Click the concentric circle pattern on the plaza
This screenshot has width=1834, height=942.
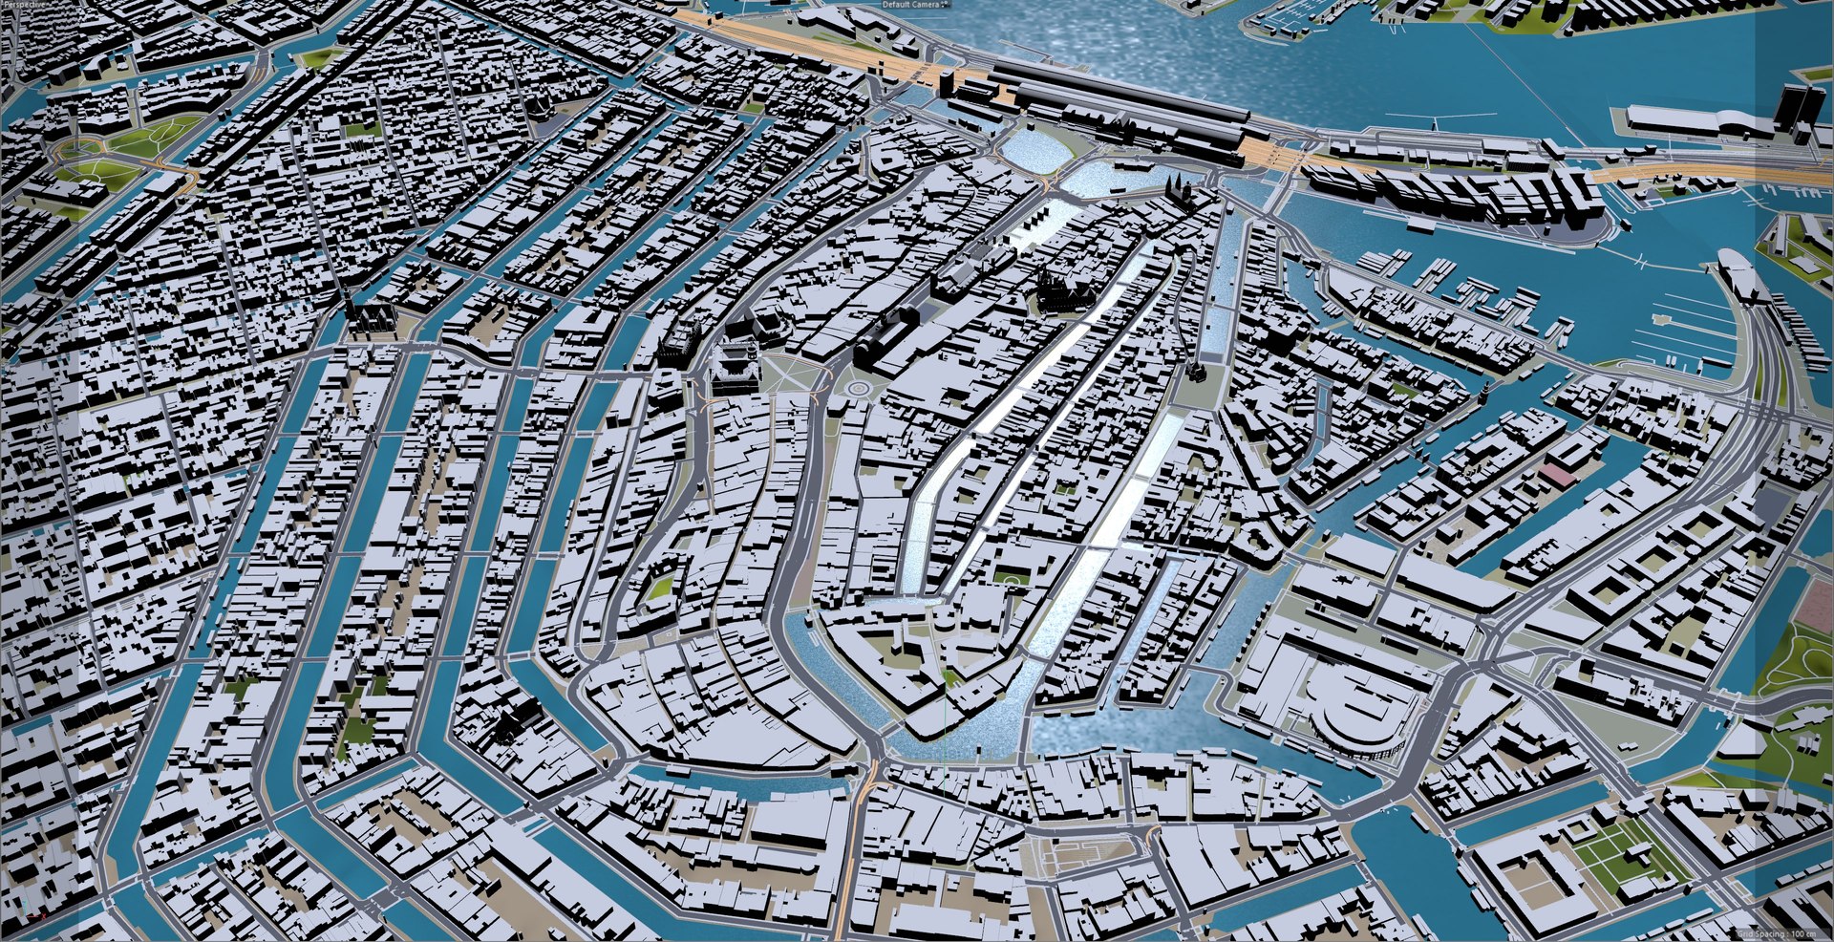858,389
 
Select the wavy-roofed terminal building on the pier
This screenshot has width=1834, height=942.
1700,118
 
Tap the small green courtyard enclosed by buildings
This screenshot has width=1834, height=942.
658,589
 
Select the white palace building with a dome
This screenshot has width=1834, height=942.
734,368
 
